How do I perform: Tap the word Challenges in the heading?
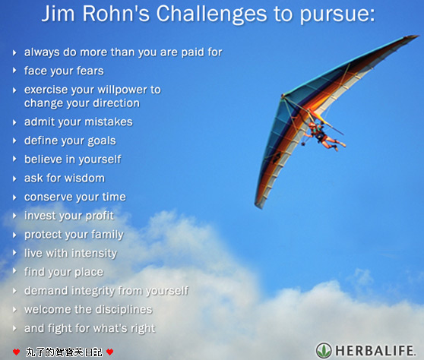pos(211,15)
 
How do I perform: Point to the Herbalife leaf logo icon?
pos(324,351)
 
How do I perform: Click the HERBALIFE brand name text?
pos(375,351)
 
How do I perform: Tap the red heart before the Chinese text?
pos(16,352)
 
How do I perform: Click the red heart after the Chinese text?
pos(109,352)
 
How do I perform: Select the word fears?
pos(90,71)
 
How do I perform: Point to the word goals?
pos(100,141)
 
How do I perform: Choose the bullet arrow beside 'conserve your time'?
pos(14,197)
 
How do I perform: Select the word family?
pos(107,235)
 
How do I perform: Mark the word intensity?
pos(94,254)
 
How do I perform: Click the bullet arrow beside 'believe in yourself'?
pos(14,159)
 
